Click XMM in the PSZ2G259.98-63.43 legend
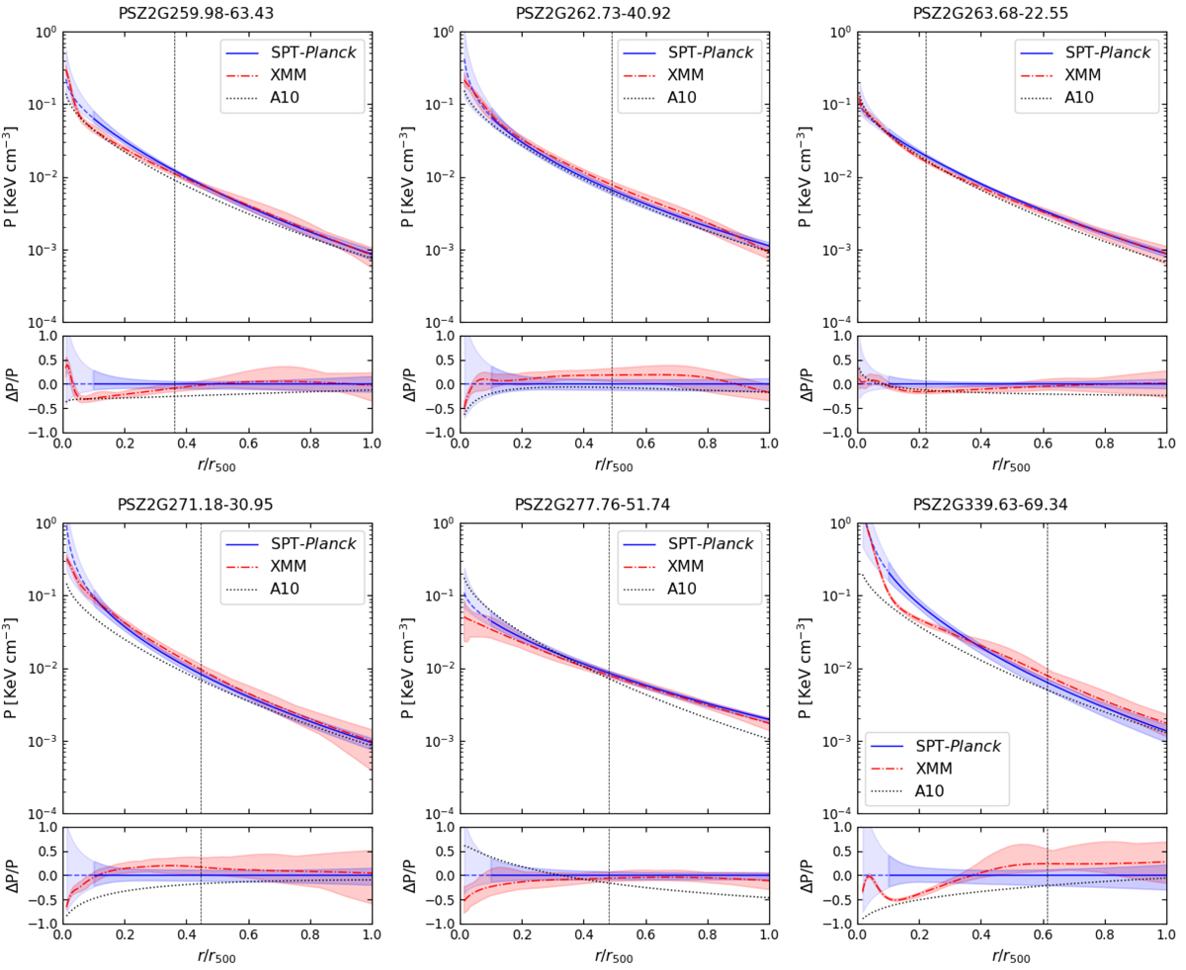296,74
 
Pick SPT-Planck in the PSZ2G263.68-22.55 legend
1107,52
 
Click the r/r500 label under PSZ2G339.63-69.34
1010,956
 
